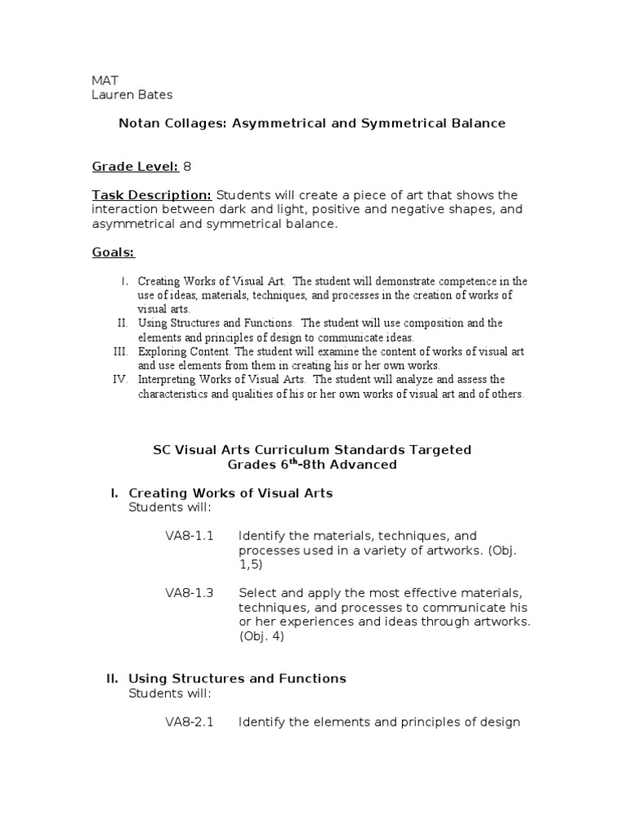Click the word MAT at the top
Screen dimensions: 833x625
tap(104, 81)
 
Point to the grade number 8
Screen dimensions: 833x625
tap(187, 167)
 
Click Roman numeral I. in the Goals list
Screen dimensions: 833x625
tap(125, 281)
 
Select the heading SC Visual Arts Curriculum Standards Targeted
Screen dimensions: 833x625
tap(312, 450)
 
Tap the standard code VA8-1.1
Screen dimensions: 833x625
tap(189, 536)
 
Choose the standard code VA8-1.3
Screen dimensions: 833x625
tap(189, 593)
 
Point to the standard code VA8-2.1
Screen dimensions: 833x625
tap(189, 722)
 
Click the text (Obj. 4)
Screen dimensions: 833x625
tap(262, 636)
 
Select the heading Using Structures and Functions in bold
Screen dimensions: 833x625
tap(238, 678)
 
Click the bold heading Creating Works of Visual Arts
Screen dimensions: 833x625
tap(230, 493)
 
